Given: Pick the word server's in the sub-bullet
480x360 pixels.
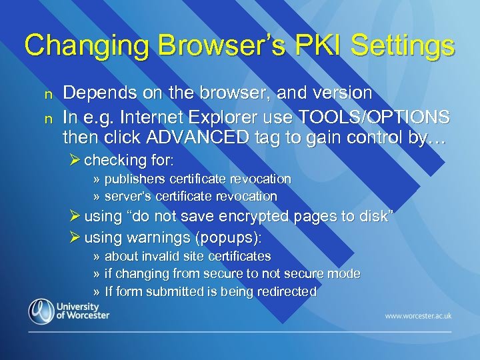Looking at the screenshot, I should (x=128, y=197).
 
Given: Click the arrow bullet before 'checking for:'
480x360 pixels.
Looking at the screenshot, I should (x=75, y=160).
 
